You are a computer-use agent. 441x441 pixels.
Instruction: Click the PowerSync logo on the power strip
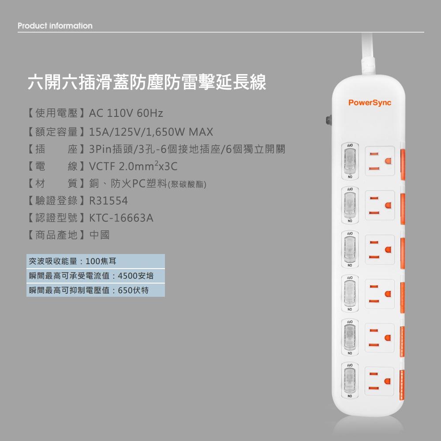click(370, 103)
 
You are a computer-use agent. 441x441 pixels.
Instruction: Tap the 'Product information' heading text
click(55, 26)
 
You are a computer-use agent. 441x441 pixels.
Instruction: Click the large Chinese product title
click(147, 82)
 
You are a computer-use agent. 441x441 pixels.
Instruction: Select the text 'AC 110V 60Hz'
click(126, 113)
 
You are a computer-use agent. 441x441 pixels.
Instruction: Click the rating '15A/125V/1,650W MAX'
click(151, 132)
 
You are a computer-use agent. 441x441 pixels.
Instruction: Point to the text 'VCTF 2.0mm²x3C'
click(133, 167)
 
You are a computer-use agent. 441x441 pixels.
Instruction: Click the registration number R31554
click(108, 201)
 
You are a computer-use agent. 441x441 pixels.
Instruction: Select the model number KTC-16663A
click(121, 218)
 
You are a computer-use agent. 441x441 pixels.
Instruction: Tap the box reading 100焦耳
click(95, 261)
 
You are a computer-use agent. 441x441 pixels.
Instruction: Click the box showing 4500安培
click(95, 276)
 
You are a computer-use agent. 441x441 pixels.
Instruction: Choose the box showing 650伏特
click(95, 290)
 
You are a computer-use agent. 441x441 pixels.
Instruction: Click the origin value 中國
click(99, 235)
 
